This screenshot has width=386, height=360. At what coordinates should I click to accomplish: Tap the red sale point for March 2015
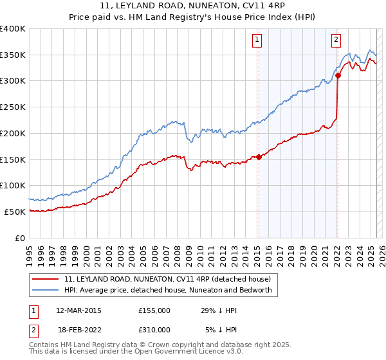[259, 156]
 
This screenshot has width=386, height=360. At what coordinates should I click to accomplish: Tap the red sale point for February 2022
[338, 75]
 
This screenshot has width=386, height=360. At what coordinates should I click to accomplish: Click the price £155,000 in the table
[154, 310]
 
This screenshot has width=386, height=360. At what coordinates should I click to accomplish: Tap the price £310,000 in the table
[154, 329]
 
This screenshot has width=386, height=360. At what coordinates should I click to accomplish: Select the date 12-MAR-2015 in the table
[78, 310]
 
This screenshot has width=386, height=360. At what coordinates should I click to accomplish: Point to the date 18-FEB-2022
[78, 329]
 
